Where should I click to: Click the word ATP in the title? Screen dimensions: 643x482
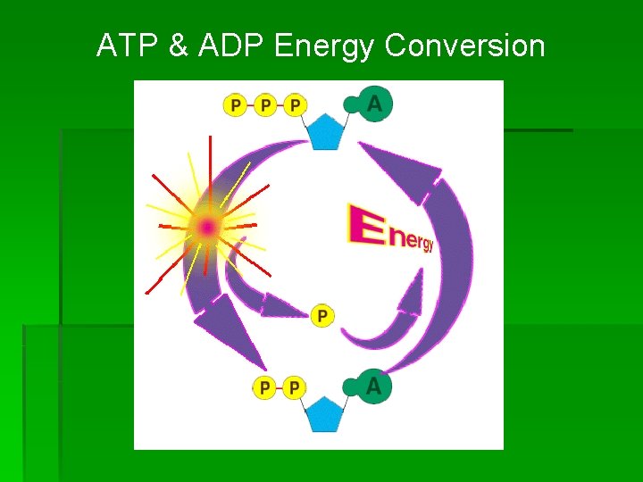tap(126, 46)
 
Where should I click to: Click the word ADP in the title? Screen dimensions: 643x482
tap(228, 46)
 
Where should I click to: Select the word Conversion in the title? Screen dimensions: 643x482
tap(464, 46)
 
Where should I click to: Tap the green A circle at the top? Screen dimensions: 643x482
tap(373, 104)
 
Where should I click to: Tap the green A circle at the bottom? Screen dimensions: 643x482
tap(373, 386)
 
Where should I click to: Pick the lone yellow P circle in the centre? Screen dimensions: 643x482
tap(322, 315)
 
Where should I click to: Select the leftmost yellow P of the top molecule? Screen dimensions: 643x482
tap(234, 105)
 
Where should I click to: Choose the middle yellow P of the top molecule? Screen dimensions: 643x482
tap(265, 105)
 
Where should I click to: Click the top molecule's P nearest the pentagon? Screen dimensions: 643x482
tap(296, 105)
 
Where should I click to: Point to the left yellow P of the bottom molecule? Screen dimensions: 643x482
tap(263, 387)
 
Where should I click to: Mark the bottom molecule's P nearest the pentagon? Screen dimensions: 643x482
tap(294, 387)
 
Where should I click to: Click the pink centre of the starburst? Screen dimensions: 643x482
tap(207, 228)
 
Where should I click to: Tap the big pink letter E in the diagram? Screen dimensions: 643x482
tap(365, 224)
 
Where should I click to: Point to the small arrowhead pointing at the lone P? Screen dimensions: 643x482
tap(285, 308)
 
